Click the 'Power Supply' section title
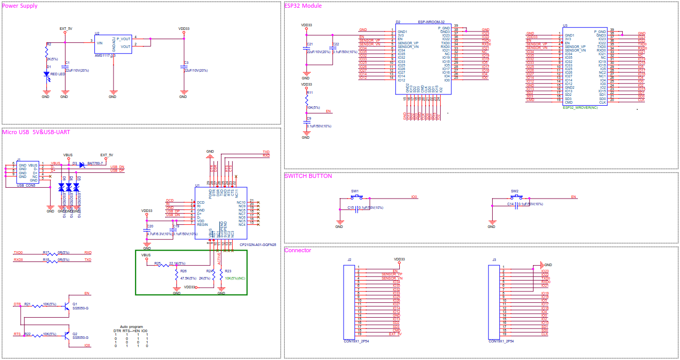[x=21, y=6]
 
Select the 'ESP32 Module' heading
[x=303, y=6]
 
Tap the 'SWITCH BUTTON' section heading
[x=309, y=176]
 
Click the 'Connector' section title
[x=298, y=251]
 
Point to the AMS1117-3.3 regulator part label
[x=105, y=55]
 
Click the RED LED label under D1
[x=57, y=74]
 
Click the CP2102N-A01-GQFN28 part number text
[x=258, y=245]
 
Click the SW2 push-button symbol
[x=515, y=197]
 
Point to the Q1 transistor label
[x=75, y=304]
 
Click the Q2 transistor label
[x=75, y=333]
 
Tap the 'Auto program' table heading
[x=131, y=326]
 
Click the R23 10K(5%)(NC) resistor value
[x=235, y=279]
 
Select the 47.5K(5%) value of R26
[x=188, y=279]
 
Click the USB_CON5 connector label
[x=26, y=185]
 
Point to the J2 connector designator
[x=349, y=259]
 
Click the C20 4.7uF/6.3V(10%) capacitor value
[x=159, y=234]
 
